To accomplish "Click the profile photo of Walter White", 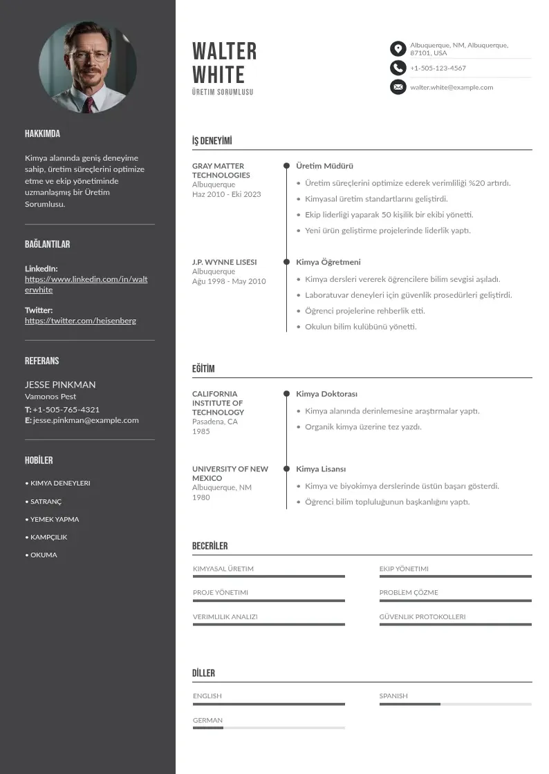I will point(88,67).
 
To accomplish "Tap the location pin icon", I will point(398,49).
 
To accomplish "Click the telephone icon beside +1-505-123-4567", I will point(398,68).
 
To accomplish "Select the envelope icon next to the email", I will point(398,87).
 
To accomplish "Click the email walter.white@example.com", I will point(452,87).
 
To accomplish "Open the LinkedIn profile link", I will point(86,284).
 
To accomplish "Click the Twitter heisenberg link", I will point(80,321).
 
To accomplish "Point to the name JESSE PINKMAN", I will point(60,384).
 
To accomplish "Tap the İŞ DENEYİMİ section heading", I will point(212,141).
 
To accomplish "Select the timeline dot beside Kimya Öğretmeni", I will point(286,262).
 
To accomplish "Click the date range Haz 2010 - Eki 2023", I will point(226,194).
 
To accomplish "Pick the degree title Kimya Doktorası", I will point(326,394).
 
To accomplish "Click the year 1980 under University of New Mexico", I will point(201,497).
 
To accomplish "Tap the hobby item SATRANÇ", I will point(46,502).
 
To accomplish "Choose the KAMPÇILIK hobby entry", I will point(48,537).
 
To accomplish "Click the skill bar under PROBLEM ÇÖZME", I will point(455,601).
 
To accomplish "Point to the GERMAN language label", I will point(207,720).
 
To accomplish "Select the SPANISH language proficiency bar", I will point(455,704).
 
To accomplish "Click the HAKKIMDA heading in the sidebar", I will point(42,133).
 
